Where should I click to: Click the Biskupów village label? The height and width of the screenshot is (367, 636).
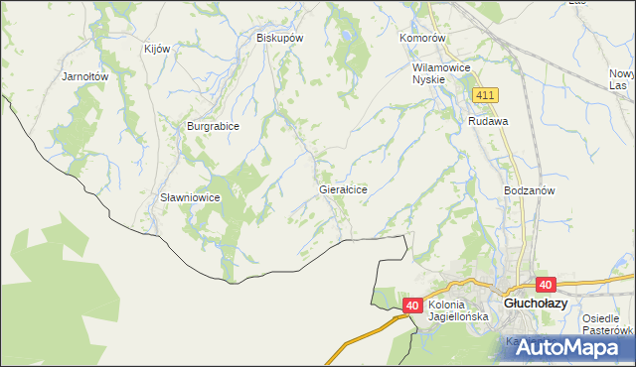pos(279,38)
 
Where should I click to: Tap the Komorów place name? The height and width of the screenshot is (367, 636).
pos(424,38)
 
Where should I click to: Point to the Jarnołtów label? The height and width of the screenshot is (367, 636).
pos(84,75)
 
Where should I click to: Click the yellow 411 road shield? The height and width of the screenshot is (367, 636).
pos(485,95)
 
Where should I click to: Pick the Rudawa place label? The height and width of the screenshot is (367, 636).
pos(489,121)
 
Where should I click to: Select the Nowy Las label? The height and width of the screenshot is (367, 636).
pos(622,80)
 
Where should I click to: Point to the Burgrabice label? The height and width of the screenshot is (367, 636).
pos(215,127)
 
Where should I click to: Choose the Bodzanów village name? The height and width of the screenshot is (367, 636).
pos(529,189)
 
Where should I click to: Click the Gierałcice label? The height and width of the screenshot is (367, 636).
pos(344,188)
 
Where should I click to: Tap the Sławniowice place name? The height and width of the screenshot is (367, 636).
pos(190,197)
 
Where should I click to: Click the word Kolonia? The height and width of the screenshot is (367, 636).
pos(449,305)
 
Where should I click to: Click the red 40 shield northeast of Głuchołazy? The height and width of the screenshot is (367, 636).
pos(546,284)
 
